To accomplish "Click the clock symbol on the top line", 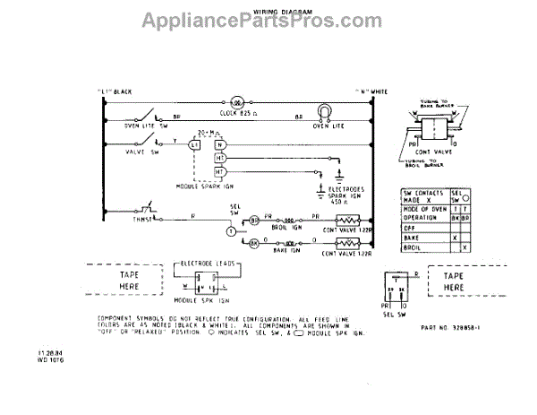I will click(x=237, y=101).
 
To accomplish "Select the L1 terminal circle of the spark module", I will click(x=194, y=143).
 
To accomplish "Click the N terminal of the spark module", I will click(x=219, y=143).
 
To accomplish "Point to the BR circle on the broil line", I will click(x=253, y=220).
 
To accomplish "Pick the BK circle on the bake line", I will click(x=253, y=243).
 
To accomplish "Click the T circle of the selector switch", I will click(x=230, y=231).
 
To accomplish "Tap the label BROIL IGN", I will click(x=287, y=229).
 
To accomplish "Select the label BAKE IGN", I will click(x=287, y=253).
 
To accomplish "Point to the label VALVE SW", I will click(x=132, y=152).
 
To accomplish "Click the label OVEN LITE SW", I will click(x=128, y=126).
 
